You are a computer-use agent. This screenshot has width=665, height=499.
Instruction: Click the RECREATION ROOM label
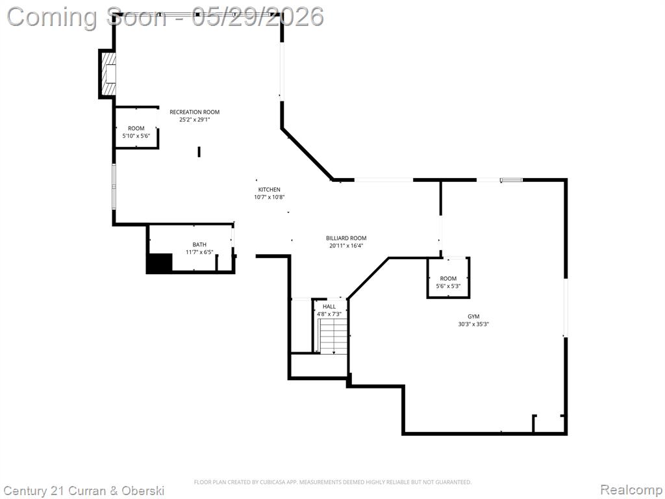(195, 112)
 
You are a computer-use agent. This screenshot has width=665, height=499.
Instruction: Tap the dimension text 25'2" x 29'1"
(195, 120)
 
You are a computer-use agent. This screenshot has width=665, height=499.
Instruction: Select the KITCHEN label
(270, 190)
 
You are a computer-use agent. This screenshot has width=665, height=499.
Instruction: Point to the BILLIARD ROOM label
(346, 238)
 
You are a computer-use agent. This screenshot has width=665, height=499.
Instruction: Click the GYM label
(473, 316)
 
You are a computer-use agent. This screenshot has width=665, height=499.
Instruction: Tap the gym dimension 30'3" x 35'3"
(473, 324)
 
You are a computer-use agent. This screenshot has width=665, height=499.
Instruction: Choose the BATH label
(199, 244)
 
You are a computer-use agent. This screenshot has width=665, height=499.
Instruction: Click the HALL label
(329, 307)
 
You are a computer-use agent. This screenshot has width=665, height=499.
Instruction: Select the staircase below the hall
(333, 336)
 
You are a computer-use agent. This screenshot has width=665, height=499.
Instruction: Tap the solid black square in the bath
(160, 262)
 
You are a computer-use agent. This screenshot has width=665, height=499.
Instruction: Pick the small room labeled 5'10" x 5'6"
(136, 127)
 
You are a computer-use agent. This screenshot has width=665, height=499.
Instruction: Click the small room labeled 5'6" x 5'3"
(448, 278)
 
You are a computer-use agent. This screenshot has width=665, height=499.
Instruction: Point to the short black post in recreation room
(199, 151)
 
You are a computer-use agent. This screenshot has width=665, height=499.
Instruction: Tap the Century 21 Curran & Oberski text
(84, 491)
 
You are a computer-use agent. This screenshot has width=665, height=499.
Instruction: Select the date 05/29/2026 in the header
(258, 17)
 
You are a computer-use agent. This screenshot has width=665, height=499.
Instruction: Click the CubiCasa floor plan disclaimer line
(332, 482)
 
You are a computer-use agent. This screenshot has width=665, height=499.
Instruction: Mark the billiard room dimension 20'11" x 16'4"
(346, 246)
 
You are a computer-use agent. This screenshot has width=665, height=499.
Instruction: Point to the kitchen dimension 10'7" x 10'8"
(270, 198)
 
